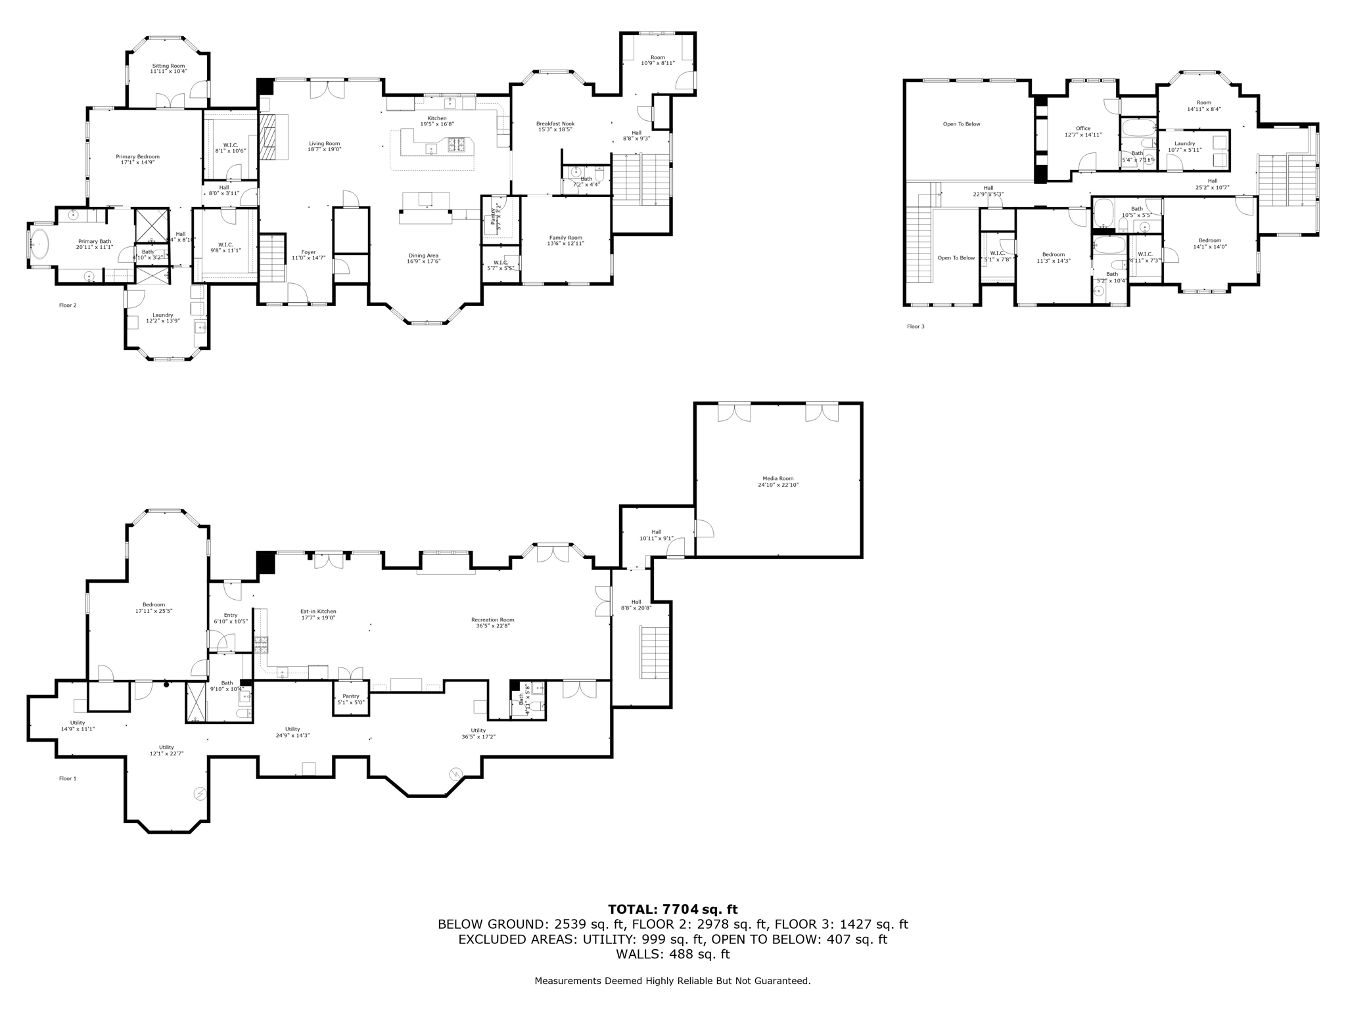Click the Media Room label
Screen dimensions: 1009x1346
point(777,479)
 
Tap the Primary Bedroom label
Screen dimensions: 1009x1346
point(137,157)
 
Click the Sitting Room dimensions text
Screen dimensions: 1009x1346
point(168,71)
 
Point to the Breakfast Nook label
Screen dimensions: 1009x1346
point(555,123)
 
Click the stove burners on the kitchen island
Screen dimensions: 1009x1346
point(456,144)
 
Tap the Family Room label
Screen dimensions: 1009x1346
point(565,238)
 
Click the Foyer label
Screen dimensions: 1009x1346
point(308,252)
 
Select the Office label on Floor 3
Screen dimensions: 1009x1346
point(1082,129)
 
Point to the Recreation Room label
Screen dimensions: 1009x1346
point(492,619)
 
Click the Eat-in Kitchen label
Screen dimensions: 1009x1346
point(318,611)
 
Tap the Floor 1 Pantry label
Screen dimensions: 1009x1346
point(350,696)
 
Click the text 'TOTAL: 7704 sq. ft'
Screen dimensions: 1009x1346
point(672,909)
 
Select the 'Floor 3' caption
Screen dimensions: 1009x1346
point(915,326)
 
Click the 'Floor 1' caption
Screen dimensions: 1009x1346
point(68,778)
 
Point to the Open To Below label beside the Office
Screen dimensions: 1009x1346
point(961,124)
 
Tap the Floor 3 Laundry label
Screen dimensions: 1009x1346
point(1184,143)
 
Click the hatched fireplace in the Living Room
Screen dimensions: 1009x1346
point(268,137)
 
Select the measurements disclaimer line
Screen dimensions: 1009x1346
point(672,981)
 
